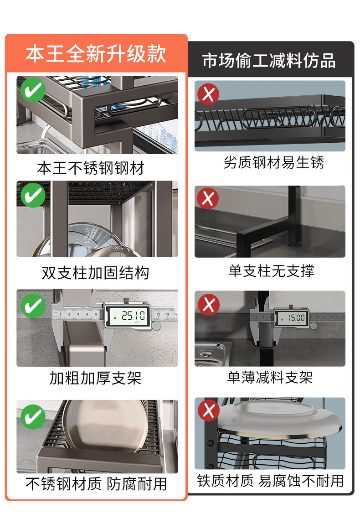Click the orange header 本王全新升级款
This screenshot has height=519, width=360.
click(96, 53)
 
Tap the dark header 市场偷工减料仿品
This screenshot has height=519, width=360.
click(269, 61)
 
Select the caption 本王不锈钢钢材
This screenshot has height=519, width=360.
click(91, 168)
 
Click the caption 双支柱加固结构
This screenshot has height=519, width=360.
click(95, 273)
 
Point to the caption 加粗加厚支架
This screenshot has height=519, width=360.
click(95, 378)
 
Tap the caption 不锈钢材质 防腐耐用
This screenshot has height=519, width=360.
click(96, 484)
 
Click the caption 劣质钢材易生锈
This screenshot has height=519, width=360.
click(273, 162)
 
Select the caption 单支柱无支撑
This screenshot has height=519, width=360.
click(271, 271)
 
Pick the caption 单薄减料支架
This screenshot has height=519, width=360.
click(270, 377)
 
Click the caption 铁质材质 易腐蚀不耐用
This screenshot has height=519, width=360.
click(270, 481)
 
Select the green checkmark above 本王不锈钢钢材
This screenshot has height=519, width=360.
click(33, 90)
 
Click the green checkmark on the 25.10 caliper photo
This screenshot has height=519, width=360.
click(33, 306)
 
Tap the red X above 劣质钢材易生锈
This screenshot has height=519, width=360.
click(208, 94)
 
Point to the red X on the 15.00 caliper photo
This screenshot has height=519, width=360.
click(209, 304)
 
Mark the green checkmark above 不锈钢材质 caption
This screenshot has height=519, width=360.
click(33, 417)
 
